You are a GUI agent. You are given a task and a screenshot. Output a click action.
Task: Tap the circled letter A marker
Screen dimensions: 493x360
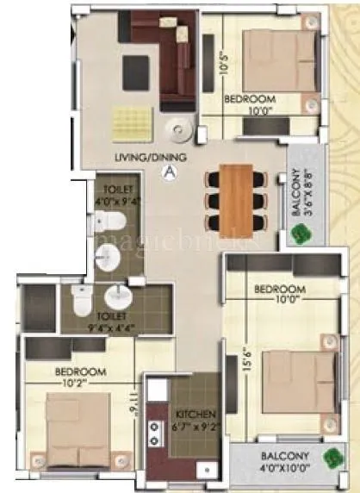(169, 172)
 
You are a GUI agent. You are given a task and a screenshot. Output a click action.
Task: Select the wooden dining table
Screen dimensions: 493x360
(234, 191)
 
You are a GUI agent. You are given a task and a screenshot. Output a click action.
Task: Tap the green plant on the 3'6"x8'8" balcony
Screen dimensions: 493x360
(301, 233)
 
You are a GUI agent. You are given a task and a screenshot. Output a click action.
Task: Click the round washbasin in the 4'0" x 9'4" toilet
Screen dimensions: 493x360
(108, 255)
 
